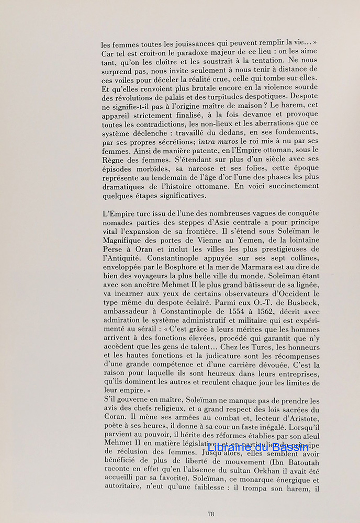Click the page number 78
(210, 514)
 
